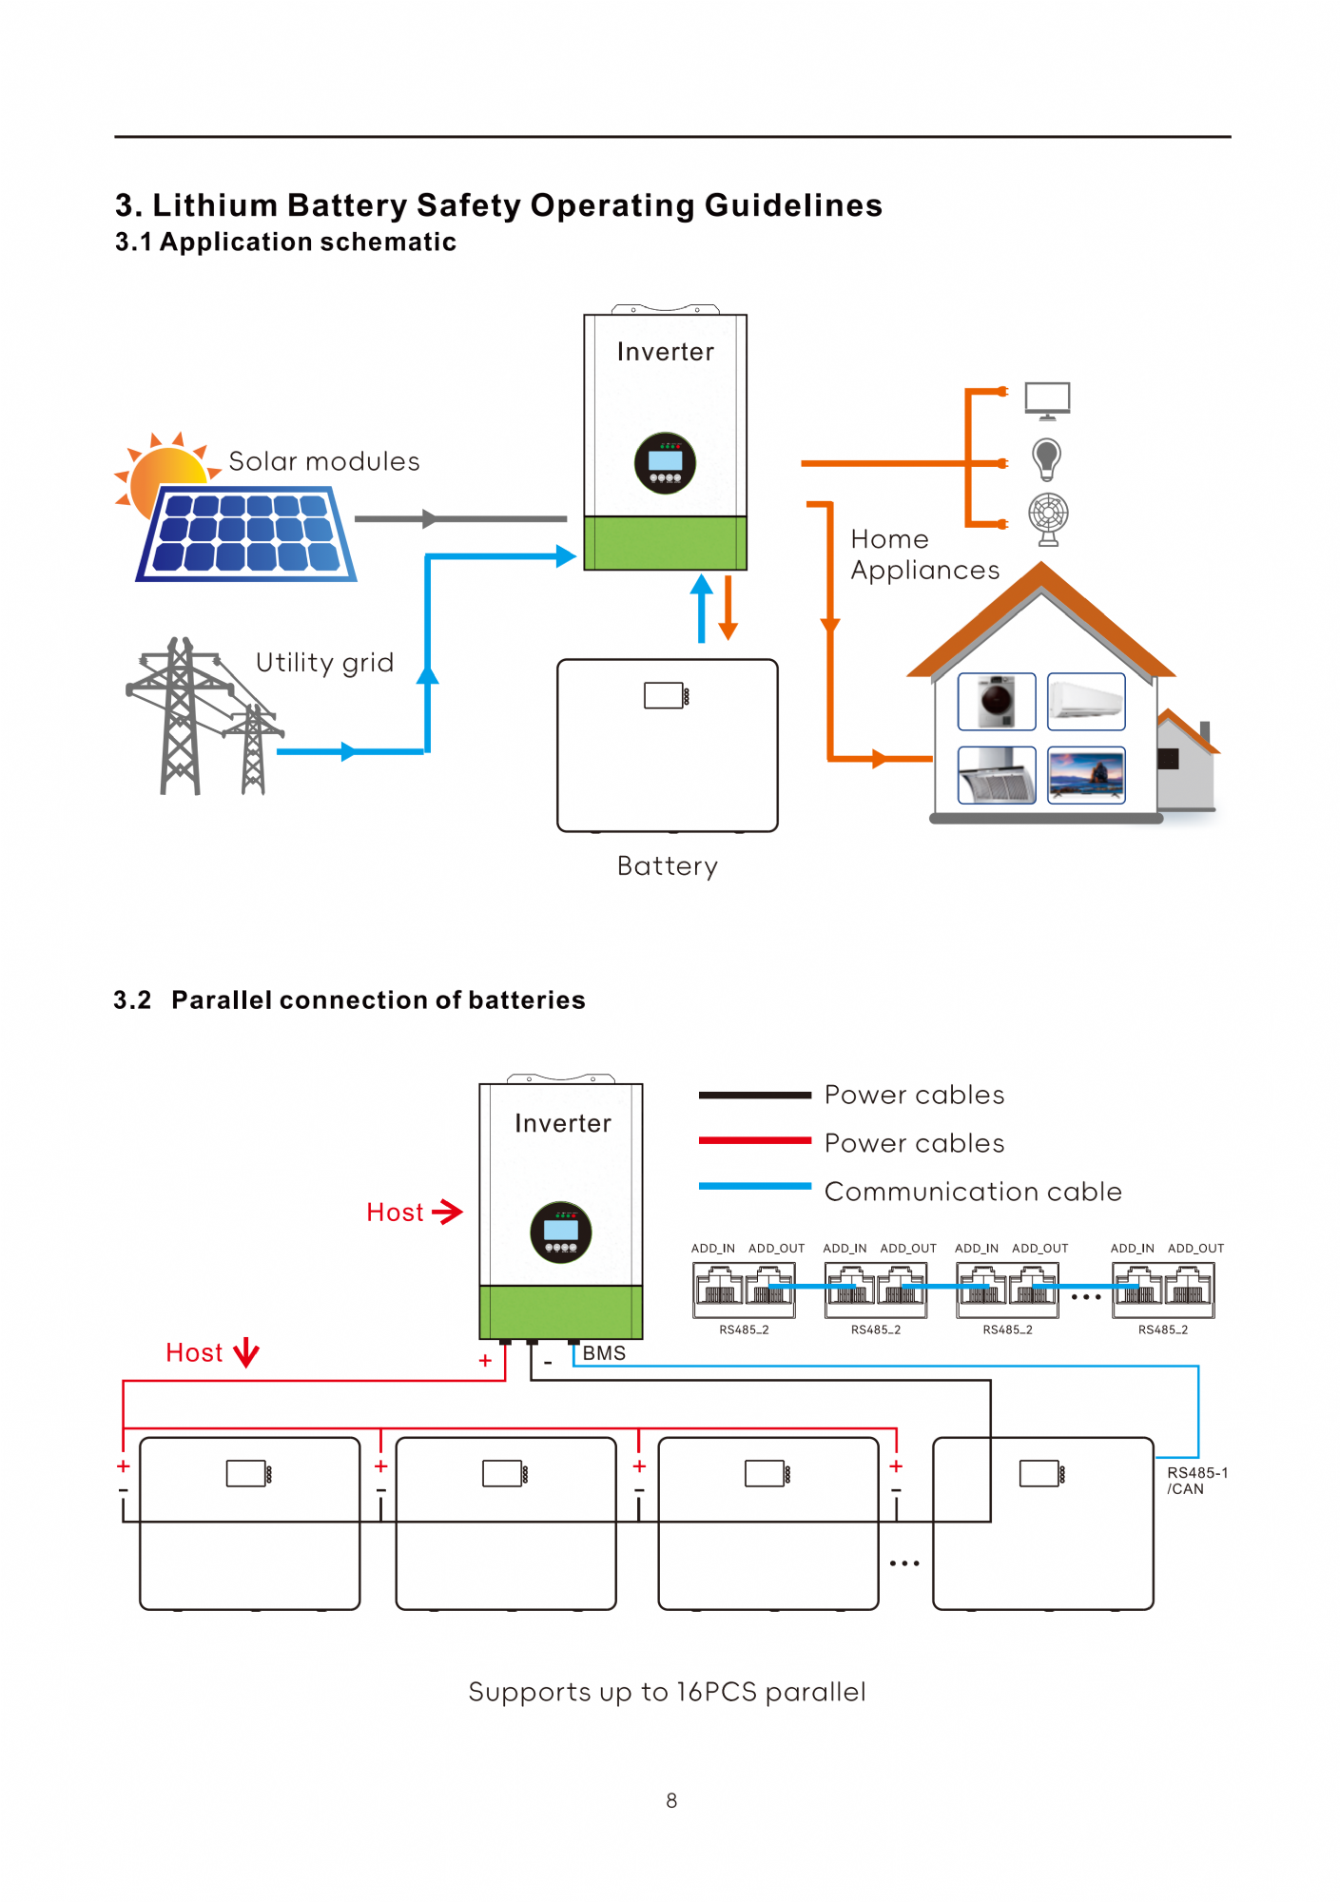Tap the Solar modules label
click(324, 462)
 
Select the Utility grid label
click(325, 663)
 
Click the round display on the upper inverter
click(665, 463)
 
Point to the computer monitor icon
click(1047, 400)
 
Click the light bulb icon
click(1046, 459)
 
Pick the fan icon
click(1048, 519)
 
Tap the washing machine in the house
click(997, 701)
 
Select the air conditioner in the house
click(1086, 701)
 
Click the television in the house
click(1086, 775)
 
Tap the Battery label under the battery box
click(668, 866)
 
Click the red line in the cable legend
click(755, 1140)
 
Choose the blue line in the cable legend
click(755, 1186)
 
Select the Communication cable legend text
click(973, 1192)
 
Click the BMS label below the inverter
click(604, 1353)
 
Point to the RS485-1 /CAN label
click(1197, 1481)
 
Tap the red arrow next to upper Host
click(447, 1212)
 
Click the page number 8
click(671, 1800)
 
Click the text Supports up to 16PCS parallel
click(667, 1692)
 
